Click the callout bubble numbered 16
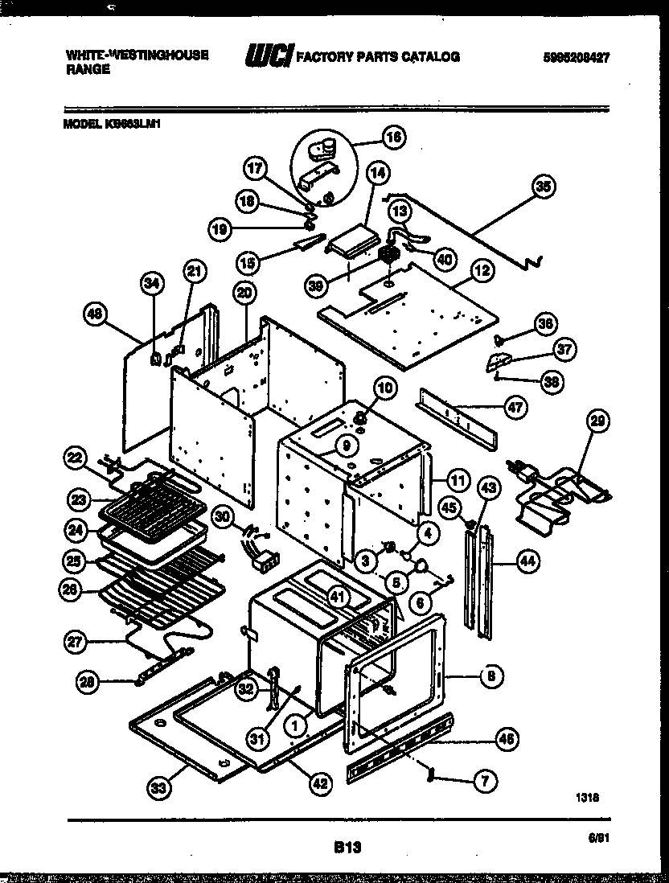393,137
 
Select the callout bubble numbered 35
544,187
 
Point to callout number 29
598,421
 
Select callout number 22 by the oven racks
75,459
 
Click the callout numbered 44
527,562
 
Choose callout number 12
481,272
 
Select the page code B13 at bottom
346,846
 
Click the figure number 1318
587,798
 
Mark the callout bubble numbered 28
88,683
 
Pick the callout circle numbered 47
515,408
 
